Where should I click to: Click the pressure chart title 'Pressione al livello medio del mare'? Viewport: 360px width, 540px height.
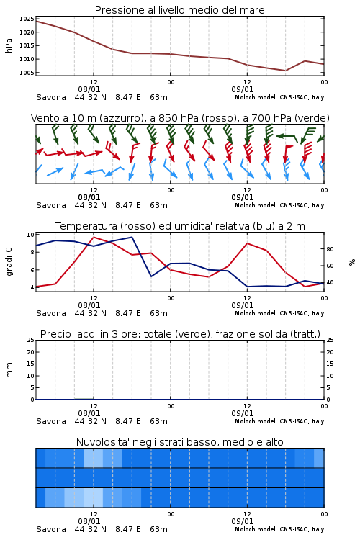coord(179,10)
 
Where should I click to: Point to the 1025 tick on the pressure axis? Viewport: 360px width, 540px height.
coord(27,19)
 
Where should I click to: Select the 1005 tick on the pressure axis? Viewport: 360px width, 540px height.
coord(27,73)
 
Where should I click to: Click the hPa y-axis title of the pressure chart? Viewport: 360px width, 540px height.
coord(9,45)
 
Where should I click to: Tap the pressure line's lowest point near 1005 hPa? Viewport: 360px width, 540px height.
coord(285,71)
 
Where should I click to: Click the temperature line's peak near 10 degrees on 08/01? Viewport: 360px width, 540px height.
coord(94,237)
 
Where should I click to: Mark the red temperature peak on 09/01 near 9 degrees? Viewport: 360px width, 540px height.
coord(248,243)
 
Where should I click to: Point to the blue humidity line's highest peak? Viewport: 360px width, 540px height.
coord(132,237)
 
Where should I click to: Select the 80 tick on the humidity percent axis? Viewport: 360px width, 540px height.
coord(330,249)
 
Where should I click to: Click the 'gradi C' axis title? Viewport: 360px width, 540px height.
coord(9,261)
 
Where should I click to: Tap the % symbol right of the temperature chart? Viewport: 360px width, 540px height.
coord(352,262)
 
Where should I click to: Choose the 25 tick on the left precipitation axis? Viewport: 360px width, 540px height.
coord(30,340)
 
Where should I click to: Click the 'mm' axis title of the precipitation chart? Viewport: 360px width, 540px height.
coord(9,369)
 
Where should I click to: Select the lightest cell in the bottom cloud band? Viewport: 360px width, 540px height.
coord(94,498)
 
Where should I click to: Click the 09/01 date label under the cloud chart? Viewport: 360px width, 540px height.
coord(242,521)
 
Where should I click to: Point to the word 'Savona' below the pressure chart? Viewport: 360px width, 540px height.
coord(51,97)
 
